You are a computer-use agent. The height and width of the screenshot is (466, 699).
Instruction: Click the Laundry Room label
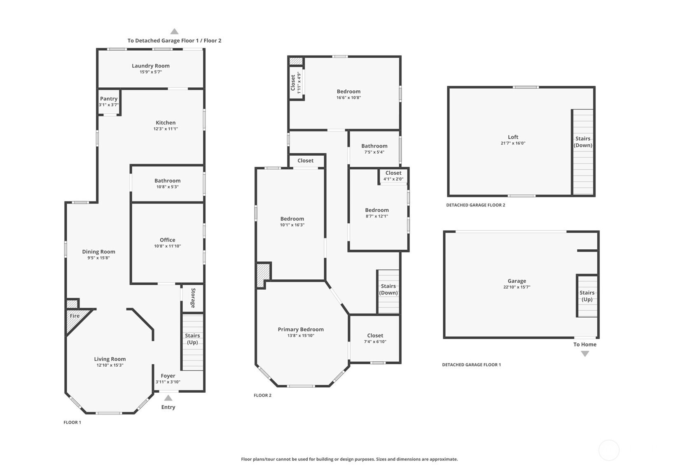click(x=151, y=66)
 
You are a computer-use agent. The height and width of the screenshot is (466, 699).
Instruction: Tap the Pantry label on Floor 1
click(x=109, y=98)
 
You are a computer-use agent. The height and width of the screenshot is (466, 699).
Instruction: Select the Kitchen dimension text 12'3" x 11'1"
click(x=166, y=129)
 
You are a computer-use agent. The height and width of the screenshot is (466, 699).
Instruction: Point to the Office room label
click(x=167, y=240)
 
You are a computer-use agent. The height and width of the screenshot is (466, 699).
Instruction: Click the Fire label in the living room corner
click(x=75, y=316)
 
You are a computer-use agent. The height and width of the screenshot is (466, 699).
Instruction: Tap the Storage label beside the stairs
click(x=193, y=298)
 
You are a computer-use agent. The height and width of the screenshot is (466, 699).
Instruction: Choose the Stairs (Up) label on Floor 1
click(x=192, y=339)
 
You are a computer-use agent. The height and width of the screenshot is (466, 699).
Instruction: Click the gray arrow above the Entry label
click(x=168, y=398)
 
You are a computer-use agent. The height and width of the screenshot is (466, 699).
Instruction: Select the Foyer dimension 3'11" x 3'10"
click(x=168, y=382)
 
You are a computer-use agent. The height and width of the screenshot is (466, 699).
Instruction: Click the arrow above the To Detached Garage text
click(x=174, y=31)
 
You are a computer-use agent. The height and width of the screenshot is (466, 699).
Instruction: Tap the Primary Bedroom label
click(x=301, y=329)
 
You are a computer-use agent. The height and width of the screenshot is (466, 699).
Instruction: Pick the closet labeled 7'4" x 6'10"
click(x=375, y=338)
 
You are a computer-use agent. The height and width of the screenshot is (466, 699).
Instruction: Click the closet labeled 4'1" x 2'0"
click(x=393, y=176)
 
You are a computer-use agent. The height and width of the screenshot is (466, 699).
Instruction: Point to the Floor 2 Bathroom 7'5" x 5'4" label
click(x=374, y=149)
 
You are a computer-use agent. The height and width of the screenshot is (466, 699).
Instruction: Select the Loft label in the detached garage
click(x=513, y=137)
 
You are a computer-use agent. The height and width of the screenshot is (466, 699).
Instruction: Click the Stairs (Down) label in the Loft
click(x=583, y=142)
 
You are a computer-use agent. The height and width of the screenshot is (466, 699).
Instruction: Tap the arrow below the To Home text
click(x=585, y=354)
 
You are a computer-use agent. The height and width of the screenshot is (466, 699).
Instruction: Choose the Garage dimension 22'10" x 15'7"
click(x=517, y=287)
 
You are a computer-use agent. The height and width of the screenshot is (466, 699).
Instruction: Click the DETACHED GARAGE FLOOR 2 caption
click(x=476, y=205)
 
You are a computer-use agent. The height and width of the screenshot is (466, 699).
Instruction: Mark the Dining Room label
click(x=98, y=252)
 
